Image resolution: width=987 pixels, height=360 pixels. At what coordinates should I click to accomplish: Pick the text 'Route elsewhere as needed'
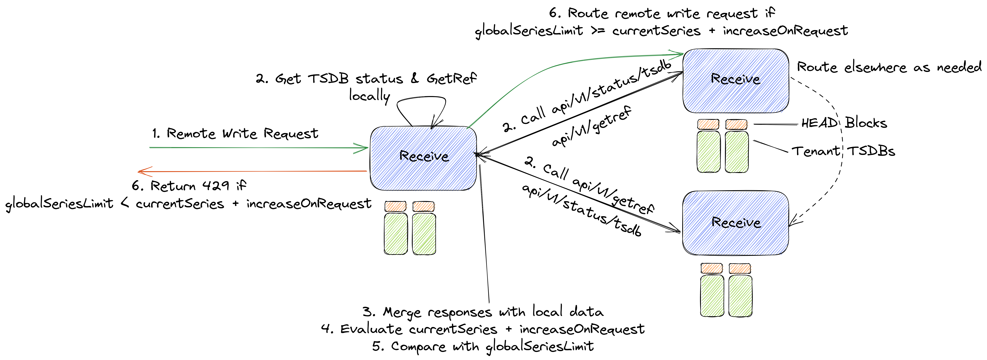(889, 67)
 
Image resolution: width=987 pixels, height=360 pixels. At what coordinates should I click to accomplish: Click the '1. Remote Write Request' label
(235, 134)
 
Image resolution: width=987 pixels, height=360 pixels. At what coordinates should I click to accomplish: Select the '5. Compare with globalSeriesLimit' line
(483, 346)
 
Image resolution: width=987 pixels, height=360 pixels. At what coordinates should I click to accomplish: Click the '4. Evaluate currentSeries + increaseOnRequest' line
(483, 329)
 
